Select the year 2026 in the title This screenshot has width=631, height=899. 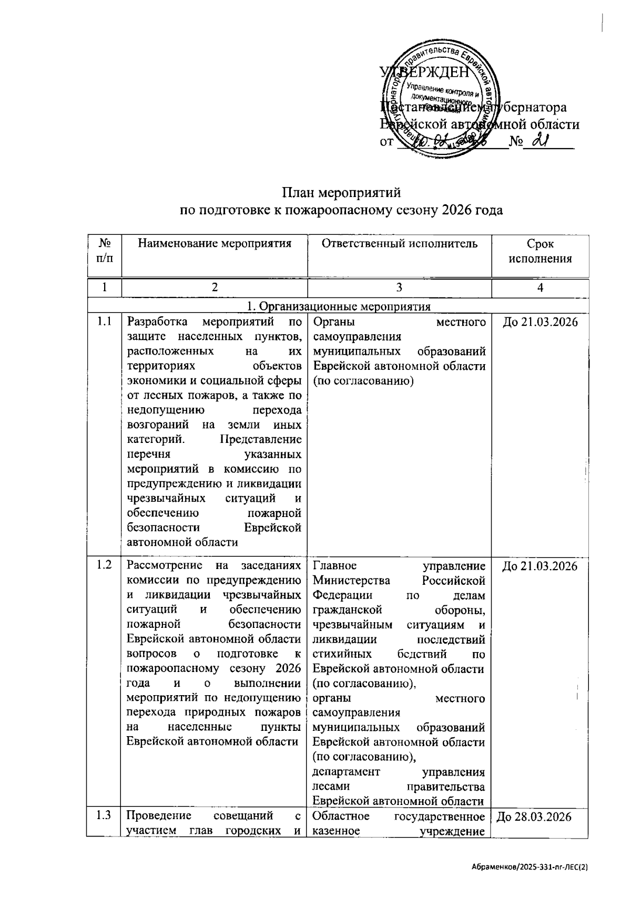click(x=457, y=211)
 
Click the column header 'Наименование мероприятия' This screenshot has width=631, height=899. click(x=214, y=243)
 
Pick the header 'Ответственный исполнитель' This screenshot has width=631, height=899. click(x=399, y=243)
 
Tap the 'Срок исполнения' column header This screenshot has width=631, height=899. click(x=541, y=251)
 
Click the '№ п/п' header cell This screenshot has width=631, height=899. click(x=104, y=251)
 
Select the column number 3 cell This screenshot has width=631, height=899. click(x=399, y=287)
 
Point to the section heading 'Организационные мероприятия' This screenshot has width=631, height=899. click(x=339, y=306)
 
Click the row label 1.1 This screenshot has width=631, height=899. click(x=104, y=322)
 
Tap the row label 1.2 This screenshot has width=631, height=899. click(x=104, y=565)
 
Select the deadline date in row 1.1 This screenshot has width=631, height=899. click(x=540, y=322)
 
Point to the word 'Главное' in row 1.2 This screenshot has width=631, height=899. click(x=334, y=566)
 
